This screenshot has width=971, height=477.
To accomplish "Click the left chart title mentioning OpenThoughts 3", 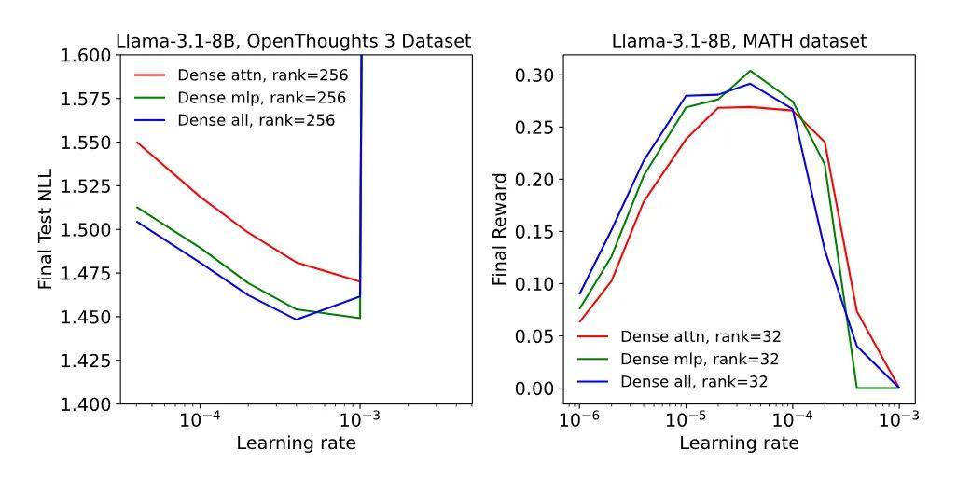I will click(294, 41).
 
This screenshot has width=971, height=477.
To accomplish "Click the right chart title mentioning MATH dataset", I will click(739, 41).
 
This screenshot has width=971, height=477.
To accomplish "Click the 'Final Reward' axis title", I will click(501, 229).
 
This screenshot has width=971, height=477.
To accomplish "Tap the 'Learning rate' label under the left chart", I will click(296, 443).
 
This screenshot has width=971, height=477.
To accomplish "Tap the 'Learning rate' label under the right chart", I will click(739, 443).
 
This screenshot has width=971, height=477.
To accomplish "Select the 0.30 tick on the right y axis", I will click(540, 75).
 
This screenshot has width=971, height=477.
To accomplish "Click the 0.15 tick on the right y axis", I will click(540, 231).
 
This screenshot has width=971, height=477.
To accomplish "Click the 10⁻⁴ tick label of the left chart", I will click(200, 418).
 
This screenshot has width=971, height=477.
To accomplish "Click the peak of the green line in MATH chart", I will click(750, 70).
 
